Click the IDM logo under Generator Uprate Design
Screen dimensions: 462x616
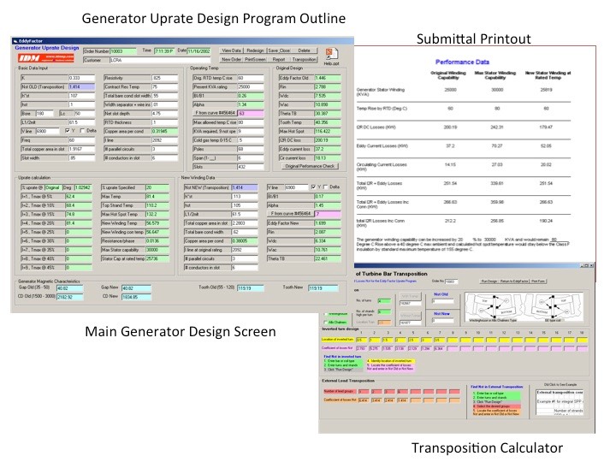tap(29, 57)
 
